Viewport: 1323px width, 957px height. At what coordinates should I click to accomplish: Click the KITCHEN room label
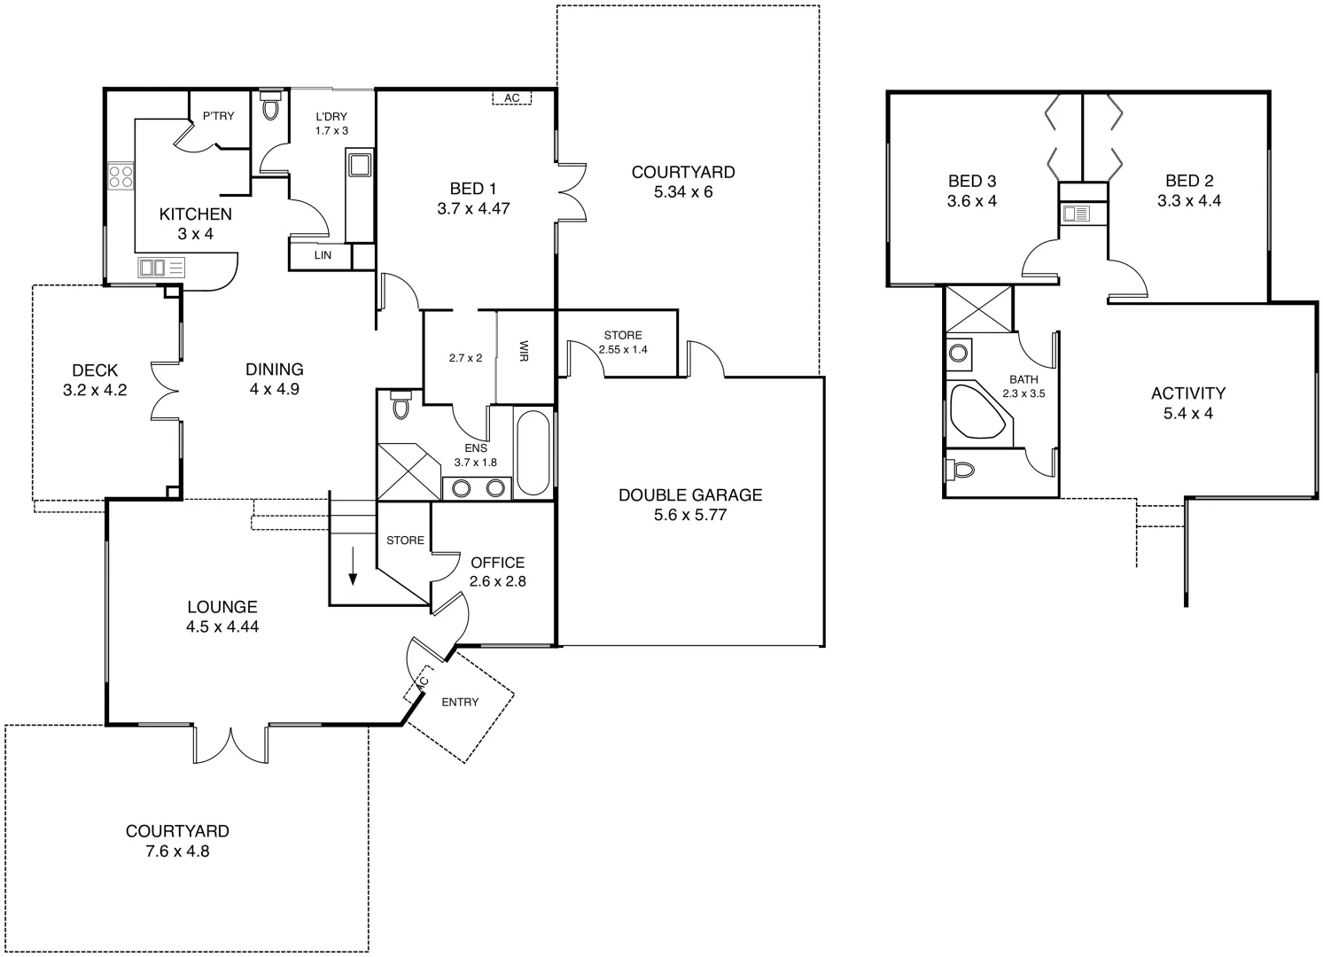point(195,214)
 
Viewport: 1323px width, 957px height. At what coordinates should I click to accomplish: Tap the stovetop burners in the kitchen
point(121,176)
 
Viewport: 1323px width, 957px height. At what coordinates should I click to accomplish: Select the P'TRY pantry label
point(218,116)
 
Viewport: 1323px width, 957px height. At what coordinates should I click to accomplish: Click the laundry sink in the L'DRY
point(359,166)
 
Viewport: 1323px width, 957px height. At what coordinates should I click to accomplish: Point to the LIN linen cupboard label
point(323,255)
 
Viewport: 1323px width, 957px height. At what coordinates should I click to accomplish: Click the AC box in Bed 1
point(511,98)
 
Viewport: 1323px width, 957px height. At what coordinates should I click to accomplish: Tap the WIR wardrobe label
point(525,352)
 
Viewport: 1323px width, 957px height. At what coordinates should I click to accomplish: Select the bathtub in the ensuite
point(533,452)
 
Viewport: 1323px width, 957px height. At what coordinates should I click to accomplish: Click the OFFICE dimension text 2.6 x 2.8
point(497,581)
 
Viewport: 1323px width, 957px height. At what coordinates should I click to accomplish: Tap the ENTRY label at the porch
point(460,702)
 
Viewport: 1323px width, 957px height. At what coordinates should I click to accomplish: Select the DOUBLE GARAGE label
point(689,495)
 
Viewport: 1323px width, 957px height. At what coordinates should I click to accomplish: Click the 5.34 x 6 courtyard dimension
point(682,191)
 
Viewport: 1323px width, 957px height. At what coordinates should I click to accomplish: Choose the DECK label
point(95,370)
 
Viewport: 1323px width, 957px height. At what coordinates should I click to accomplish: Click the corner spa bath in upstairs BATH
point(977,411)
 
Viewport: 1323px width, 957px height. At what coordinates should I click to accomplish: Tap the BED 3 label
point(971,182)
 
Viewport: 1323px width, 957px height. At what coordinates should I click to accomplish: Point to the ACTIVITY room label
point(1187,393)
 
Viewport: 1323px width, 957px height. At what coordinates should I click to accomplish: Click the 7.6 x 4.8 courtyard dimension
point(177,852)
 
